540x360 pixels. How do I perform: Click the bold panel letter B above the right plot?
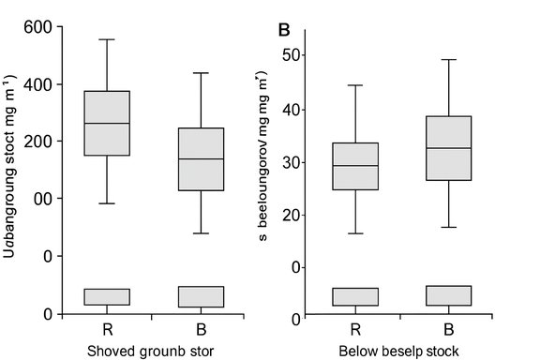tap(284, 28)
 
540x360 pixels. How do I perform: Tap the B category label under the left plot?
tap(200, 330)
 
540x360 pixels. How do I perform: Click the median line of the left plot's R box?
tap(107, 123)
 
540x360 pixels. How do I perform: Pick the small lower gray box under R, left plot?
tap(107, 297)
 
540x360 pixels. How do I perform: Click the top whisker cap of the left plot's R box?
tap(107, 39)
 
